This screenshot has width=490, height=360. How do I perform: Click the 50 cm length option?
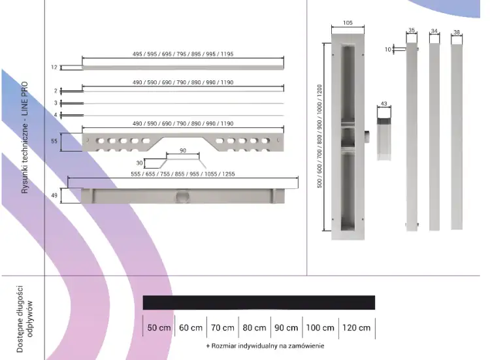pyautogui.click(x=159, y=327)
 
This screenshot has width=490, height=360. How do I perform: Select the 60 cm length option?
pyautogui.click(x=191, y=327)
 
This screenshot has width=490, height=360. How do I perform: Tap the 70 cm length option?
pyautogui.click(x=223, y=327)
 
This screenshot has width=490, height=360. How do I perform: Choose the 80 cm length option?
pyautogui.click(x=254, y=327)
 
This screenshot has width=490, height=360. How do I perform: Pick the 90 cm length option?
pyautogui.click(x=286, y=327)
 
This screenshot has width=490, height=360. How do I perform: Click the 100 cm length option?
pyautogui.click(x=320, y=327)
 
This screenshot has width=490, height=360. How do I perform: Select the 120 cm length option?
pyautogui.click(x=357, y=327)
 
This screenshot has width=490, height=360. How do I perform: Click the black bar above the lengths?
pyautogui.click(x=259, y=303)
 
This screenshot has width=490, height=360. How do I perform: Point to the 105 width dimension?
pyautogui.click(x=348, y=23)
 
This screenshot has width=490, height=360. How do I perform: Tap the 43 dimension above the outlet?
pyautogui.click(x=384, y=104)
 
